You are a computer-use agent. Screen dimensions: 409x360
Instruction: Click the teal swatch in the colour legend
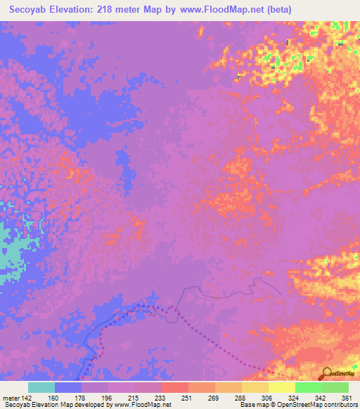click(x=41, y=387)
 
